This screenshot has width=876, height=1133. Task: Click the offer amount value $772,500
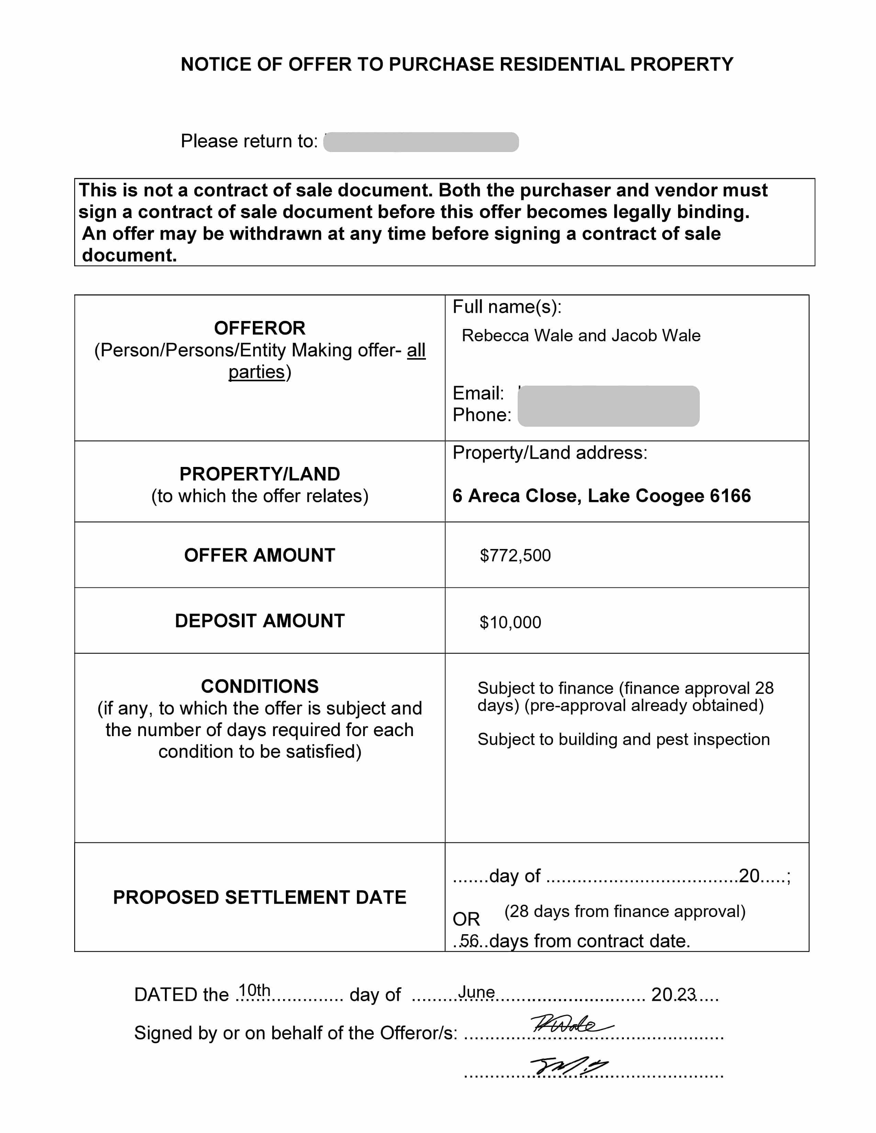tap(515, 556)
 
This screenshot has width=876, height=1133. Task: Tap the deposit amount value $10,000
tap(510, 622)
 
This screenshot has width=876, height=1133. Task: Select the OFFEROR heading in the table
tap(259, 328)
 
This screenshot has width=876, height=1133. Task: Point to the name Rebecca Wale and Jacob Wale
tap(581, 336)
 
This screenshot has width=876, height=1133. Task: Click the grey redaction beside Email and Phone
tap(608, 406)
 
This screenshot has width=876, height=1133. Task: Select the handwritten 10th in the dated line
tap(254, 990)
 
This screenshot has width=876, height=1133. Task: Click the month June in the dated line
tap(476, 992)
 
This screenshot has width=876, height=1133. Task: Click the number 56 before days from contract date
tap(469, 940)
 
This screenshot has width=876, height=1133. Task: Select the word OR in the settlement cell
tap(466, 919)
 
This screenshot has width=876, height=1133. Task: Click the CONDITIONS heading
tap(259, 686)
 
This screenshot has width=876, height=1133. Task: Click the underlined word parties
tap(256, 372)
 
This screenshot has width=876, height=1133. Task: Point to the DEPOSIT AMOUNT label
tap(259, 621)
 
